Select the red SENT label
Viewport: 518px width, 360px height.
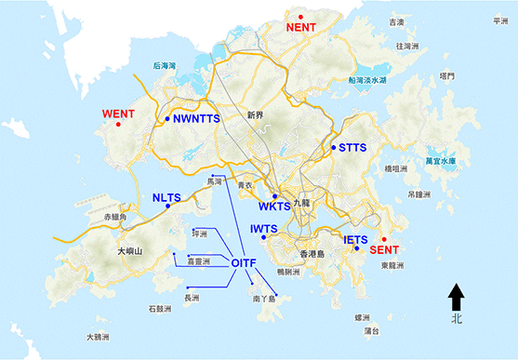pyautogui.click(x=385, y=250)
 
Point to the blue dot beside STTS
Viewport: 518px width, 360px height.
pyautogui.click(x=334, y=147)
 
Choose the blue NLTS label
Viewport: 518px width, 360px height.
pyautogui.click(x=166, y=197)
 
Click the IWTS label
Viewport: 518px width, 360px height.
pyautogui.click(x=265, y=228)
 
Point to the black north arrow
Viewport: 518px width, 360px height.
pyautogui.click(x=456, y=297)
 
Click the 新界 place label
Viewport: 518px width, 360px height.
pyautogui.click(x=256, y=115)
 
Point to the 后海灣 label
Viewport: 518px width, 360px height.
pyautogui.click(x=164, y=66)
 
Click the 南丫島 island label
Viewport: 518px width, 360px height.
pyautogui.click(x=264, y=300)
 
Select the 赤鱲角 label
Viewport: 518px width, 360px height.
pyautogui.click(x=119, y=216)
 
